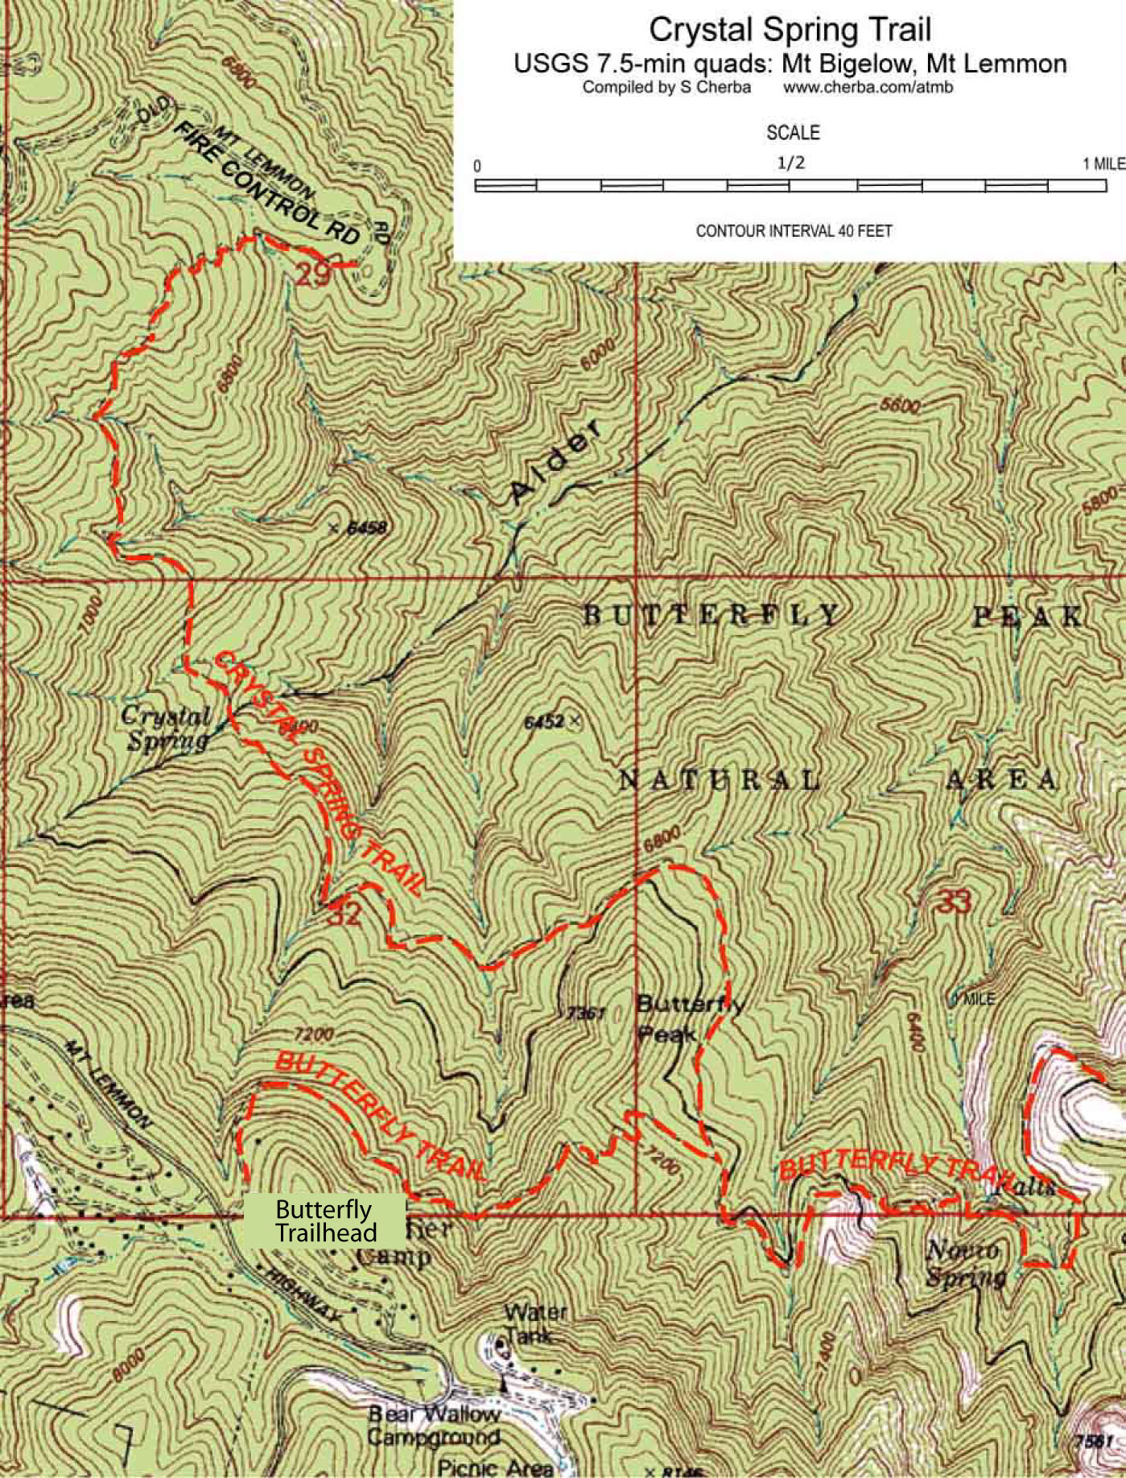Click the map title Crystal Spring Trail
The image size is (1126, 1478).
(x=790, y=30)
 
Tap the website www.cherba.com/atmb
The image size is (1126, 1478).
(x=868, y=88)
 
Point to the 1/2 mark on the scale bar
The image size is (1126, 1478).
(x=790, y=163)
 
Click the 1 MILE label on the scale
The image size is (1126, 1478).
(x=1103, y=164)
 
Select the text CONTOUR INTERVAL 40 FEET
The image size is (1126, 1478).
(x=794, y=231)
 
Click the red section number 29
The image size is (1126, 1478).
(x=311, y=275)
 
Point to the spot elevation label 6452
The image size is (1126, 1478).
(x=544, y=721)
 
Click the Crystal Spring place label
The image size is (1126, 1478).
(x=167, y=728)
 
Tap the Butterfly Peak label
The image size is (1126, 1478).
(x=688, y=1018)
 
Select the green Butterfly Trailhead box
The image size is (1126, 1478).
(x=324, y=1220)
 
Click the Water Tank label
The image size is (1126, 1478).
(x=535, y=1323)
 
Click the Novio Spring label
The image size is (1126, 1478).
(x=965, y=1263)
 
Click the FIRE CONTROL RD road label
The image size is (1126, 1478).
(x=266, y=184)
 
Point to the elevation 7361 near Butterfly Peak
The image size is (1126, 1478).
(x=585, y=1013)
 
